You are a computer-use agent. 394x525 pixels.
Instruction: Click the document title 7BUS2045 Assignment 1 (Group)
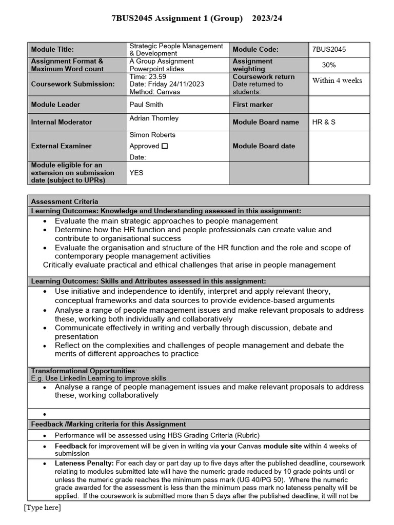177,18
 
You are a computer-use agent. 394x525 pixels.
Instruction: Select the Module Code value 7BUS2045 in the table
329,49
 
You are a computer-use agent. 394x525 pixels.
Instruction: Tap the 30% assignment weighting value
329,65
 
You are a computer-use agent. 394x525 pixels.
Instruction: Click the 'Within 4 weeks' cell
337,80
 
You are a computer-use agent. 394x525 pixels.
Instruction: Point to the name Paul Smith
146,105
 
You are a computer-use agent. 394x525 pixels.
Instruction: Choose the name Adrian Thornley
154,118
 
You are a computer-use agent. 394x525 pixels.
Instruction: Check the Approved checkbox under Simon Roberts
165,146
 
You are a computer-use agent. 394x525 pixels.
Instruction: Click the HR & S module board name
324,122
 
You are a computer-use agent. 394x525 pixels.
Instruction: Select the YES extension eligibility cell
136,173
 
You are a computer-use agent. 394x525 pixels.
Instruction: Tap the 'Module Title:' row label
52,49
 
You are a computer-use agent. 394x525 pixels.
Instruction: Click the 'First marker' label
252,105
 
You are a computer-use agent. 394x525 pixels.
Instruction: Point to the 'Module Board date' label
264,146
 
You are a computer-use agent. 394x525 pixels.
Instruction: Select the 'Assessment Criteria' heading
65,201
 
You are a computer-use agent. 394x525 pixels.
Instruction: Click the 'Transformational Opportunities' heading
84,371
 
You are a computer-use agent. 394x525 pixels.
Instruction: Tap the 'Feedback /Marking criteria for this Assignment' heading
108,424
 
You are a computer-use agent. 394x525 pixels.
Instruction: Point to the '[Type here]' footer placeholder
42,508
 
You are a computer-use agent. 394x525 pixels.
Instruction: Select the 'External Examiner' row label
61,146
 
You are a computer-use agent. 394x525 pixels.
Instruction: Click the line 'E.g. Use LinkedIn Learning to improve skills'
98,378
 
